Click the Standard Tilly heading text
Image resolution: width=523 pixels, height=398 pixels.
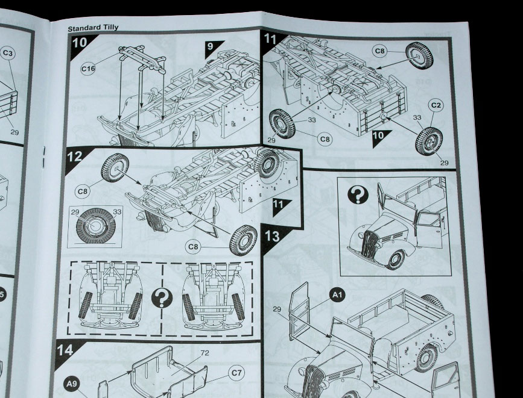pyautogui.click(x=93, y=28)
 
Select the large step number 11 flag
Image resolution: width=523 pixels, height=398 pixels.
pyautogui.click(x=271, y=42)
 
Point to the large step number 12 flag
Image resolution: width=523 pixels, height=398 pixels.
pyautogui.click(x=75, y=157)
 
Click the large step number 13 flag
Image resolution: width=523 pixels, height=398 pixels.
pyautogui.click(x=272, y=235)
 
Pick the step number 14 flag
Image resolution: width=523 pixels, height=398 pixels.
pyautogui.click(x=66, y=349)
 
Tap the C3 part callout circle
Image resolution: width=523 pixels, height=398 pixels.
pyautogui.click(x=8, y=54)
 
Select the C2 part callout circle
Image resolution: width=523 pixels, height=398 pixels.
pyautogui.click(x=437, y=105)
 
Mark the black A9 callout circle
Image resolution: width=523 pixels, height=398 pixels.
pyautogui.click(x=72, y=382)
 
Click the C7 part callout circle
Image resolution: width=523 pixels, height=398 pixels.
pyautogui.click(x=237, y=373)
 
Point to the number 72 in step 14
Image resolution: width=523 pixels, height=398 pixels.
pyautogui.click(x=204, y=353)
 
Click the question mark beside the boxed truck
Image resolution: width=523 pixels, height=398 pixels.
pyautogui.click(x=359, y=194)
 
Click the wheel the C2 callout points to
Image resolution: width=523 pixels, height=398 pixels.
pyautogui.click(x=429, y=140)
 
